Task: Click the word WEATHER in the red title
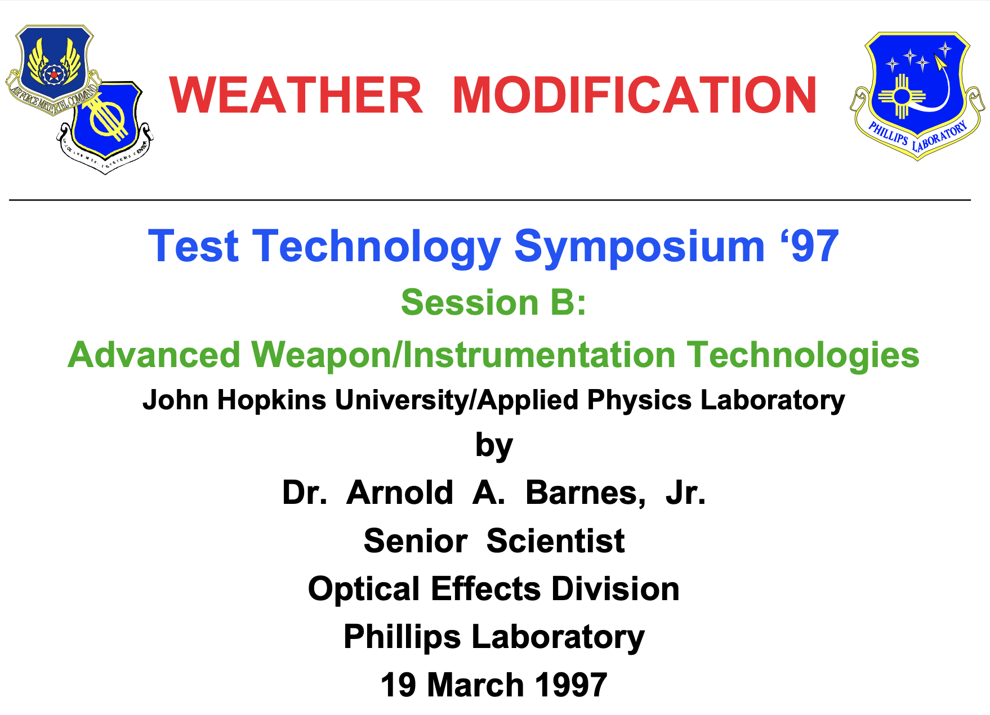296,95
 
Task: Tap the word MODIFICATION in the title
634,95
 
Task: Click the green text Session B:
493,302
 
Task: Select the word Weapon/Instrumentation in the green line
463,355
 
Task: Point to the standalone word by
494,446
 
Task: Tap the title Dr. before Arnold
304,493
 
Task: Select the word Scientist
555,541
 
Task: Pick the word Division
615,589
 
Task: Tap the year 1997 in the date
571,685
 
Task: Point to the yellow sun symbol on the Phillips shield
902,96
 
